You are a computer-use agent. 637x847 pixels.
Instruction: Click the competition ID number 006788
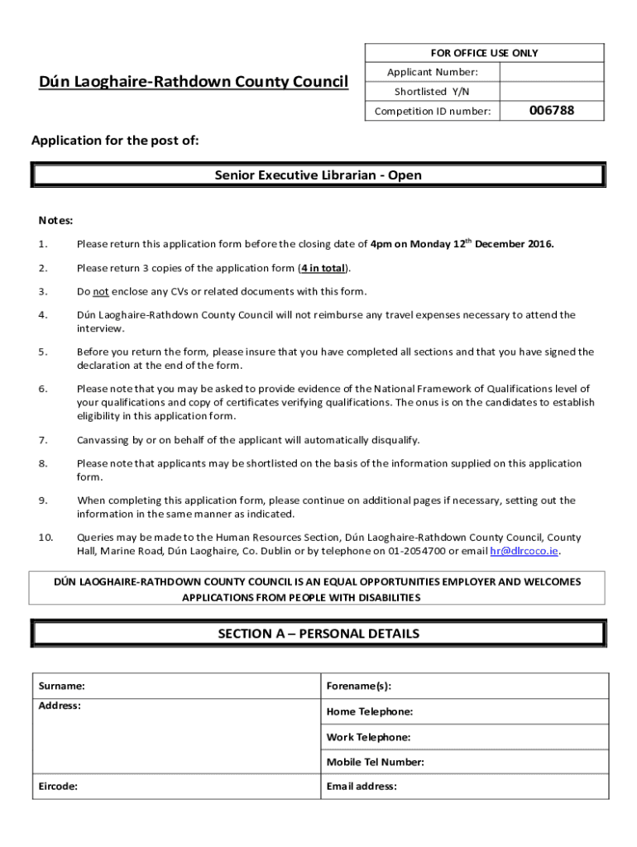click(552, 111)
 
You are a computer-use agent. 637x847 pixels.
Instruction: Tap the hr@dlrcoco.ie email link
click(524, 551)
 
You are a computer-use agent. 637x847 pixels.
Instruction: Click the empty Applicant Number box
click(552, 72)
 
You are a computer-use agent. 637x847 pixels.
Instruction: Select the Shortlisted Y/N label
click(432, 92)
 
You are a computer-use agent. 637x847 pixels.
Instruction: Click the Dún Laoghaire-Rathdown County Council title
click(194, 82)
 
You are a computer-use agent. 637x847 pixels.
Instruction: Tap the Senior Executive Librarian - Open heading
click(318, 175)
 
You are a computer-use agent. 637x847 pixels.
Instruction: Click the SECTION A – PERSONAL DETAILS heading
click(318, 634)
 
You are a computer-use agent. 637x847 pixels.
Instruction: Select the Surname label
click(61, 686)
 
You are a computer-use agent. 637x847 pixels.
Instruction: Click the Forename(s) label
click(359, 686)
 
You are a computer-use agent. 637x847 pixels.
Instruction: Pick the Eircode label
click(58, 787)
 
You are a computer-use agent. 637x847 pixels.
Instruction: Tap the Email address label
click(362, 787)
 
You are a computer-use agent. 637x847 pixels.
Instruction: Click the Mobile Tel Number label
click(375, 762)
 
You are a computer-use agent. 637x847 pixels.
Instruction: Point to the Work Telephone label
click(368, 737)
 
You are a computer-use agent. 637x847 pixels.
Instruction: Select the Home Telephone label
click(369, 711)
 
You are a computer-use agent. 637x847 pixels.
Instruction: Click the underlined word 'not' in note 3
click(101, 291)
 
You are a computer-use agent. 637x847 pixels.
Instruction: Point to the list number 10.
click(45, 538)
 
